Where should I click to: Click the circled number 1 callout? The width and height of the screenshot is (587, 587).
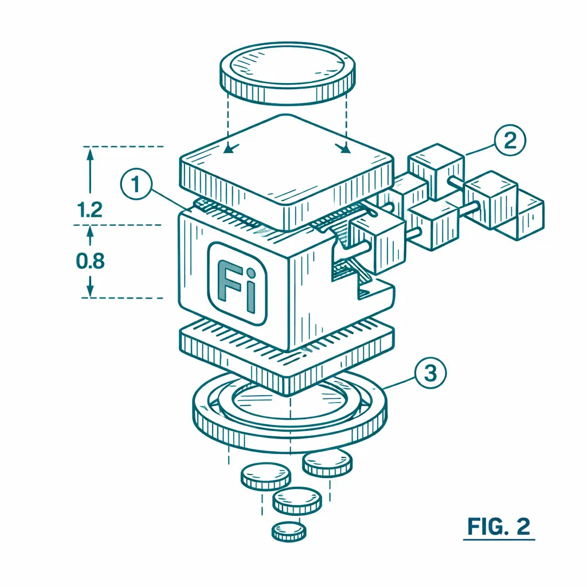coord(136,184)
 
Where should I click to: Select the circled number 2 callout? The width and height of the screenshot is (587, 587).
coord(510,141)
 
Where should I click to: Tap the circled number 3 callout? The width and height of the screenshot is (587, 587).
coord(431,373)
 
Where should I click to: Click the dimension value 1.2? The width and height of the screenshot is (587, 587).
coord(90,210)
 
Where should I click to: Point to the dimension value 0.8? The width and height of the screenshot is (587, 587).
coord(90,261)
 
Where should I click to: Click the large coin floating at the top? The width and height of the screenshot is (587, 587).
coord(287,73)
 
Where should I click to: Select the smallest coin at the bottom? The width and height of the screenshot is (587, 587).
coord(289,531)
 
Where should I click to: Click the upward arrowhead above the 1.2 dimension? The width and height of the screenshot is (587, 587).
coord(90,154)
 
